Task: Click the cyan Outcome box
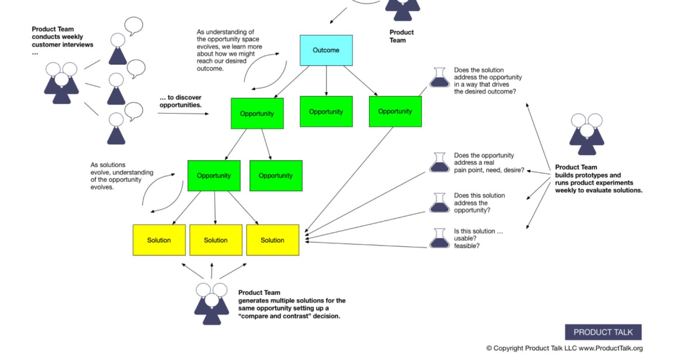tap(326, 50)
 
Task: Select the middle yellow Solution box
tap(216, 240)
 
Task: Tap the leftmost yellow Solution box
tap(159, 240)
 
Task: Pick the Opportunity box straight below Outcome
tap(326, 112)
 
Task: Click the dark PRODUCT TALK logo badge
tap(603, 333)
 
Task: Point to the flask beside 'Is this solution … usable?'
tap(439, 238)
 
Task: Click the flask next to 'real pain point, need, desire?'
tap(439, 163)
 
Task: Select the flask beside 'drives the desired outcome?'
tap(439, 77)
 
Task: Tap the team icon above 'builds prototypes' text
tap(586, 134)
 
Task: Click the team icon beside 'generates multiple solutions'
tap(211, 303)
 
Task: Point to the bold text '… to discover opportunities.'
tap(180, 101)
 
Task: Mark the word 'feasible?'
tap(467, 246)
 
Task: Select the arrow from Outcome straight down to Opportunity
tap(326, 81)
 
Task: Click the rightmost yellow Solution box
tap(272, 240)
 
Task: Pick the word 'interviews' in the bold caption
tap(78, 45)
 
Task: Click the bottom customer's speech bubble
tap(134, 111)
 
